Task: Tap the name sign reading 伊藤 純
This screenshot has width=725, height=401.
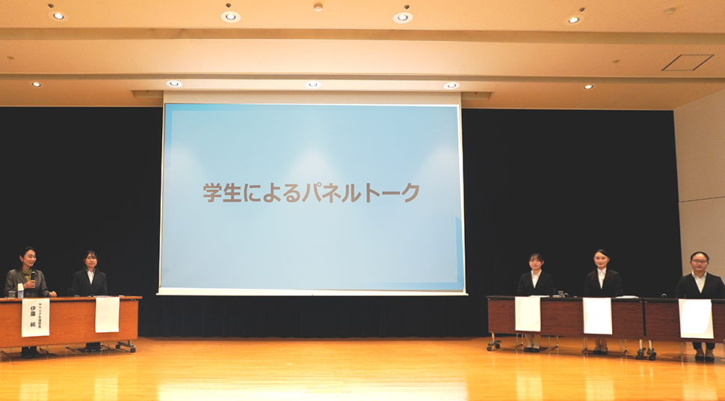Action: (x=35, y=317)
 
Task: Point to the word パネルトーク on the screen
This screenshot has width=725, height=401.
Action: (x=361, y=192)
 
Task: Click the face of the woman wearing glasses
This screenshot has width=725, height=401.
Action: (x=699, y=261)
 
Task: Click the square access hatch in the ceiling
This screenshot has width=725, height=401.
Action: (x=688, y=63)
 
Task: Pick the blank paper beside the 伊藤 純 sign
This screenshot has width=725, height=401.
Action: (x=107, y=314)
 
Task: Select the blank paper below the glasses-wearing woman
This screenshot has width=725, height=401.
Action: (x=695, y=318)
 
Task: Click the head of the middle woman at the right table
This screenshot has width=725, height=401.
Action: (x=602, y=259)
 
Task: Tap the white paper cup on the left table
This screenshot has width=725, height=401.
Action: (x=20, y=290)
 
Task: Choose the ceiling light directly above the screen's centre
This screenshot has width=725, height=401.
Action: (x=312, y=85)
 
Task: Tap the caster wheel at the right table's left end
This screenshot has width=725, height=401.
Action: (x=493, y=346)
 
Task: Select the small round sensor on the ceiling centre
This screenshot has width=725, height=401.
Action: (x=318, y=7)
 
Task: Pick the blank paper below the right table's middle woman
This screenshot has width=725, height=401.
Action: (x=597, y=316)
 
